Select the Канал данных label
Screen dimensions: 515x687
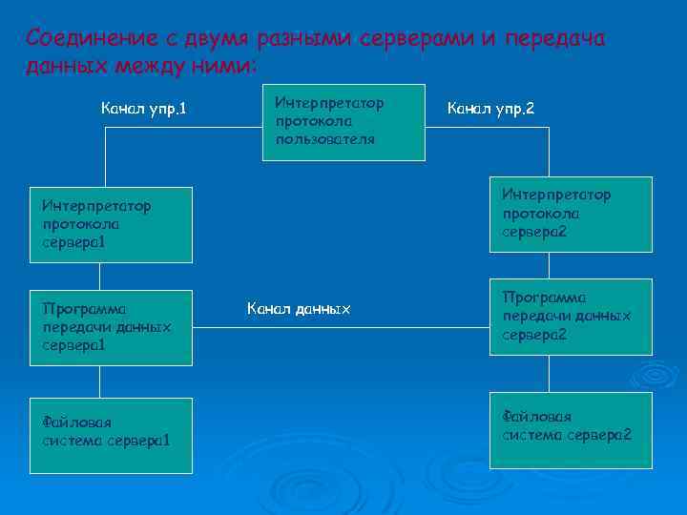pos(299,308)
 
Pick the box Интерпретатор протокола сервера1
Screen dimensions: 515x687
pos(111,224)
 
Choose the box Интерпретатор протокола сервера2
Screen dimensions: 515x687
pos(571,215)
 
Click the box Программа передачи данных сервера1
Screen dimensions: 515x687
pos(111,327)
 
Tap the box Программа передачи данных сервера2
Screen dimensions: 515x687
pos(571,318)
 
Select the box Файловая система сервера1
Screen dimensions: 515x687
pos(111,436)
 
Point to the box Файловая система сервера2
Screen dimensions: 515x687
pos(571,430)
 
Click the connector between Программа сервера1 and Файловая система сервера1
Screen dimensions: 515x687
pos(111,381)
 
